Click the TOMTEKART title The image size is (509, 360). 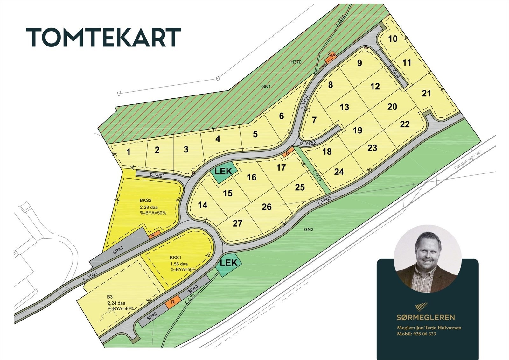(x=103, y=38)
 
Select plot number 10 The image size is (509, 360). (x=393, y=39)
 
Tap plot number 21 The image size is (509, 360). (x=426, y=94)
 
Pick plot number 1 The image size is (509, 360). (x=129, y=152)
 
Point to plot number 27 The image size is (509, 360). (x=237, y=223)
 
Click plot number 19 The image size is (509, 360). (x=358, y=130)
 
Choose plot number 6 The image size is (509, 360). (x=281, y=116)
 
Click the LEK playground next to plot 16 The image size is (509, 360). (x=223, y=172)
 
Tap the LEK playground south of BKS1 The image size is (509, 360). (x=229, y=263)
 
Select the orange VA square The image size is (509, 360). (x=332, y=56)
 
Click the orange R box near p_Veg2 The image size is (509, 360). (x=287, y=153)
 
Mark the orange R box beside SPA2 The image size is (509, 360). (x=173, y=302)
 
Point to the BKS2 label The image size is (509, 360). (x=145, y=201)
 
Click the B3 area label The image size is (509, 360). (x=110, y=297)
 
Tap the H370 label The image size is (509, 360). (x=296, y=62)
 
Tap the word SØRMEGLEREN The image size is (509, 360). (x=426, y=317)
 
